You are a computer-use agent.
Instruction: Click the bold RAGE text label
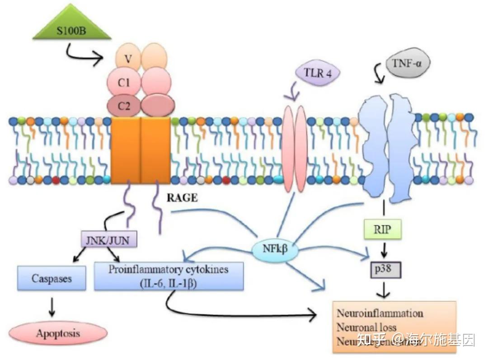coord(182,198)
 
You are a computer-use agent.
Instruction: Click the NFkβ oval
coord(275,248)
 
